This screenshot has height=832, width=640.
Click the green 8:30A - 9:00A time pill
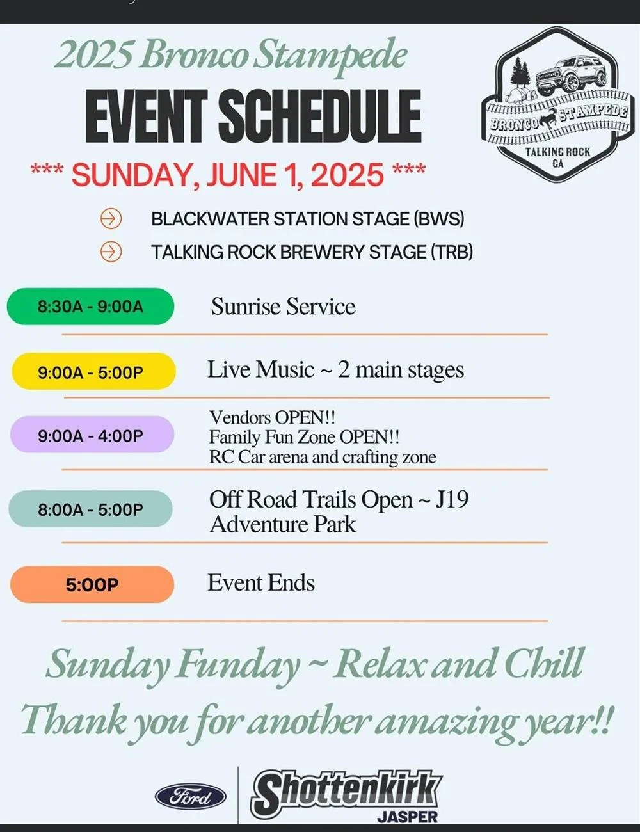[90, 307]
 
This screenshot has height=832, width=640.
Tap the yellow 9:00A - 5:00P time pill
[93, 371]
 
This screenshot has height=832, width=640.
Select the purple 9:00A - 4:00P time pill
[92, 435]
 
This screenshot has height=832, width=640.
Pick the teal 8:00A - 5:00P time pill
[90, 509]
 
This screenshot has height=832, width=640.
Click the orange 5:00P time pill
[92, 584]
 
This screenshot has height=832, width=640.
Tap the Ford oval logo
[190, 797]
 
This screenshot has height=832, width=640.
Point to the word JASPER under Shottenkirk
[407, 816]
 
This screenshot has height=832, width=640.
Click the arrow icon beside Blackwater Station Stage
[111, 219]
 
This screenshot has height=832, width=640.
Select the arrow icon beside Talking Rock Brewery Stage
[111, 252]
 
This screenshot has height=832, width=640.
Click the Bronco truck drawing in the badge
[571, 75]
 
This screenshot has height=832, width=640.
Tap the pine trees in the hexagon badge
[520, 75]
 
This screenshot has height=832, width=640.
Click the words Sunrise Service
[283, 307]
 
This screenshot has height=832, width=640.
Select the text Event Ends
[261, 583]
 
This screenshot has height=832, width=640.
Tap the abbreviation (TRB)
[452, 252]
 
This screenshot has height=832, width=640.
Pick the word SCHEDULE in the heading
[320, 116]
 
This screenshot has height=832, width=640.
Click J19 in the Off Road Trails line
[452, 499]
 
